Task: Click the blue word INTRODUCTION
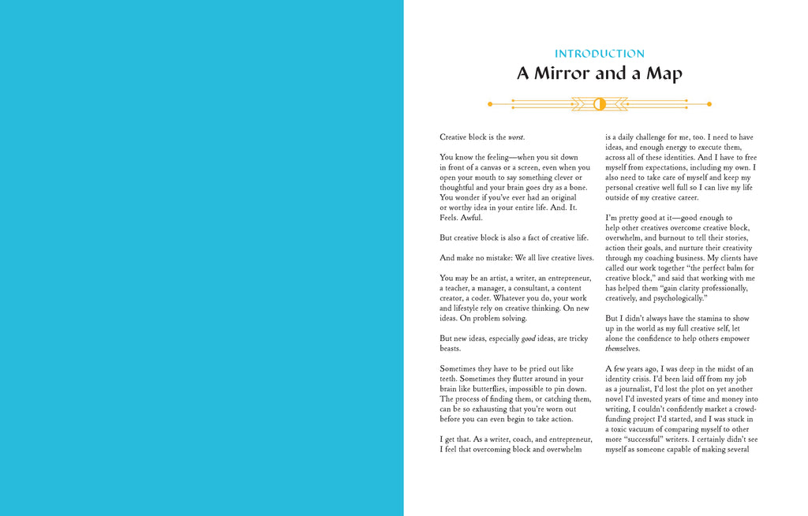pos(600,54)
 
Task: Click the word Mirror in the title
pos(561,74)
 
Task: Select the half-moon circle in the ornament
pos(599,103)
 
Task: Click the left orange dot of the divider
pos(490,103)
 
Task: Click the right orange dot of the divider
pos(709,103)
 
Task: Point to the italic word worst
pos(516,137)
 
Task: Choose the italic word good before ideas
pos(529,338)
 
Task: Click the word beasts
pos(450,348)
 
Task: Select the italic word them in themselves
pos(614,349)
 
